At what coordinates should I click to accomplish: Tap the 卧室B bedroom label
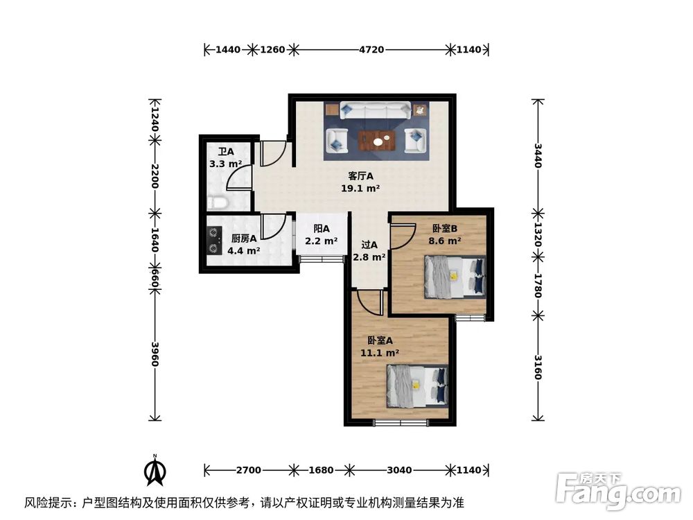point(445,234)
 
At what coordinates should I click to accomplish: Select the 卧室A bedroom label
point(380,346)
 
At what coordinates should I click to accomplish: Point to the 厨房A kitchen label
point(244,244)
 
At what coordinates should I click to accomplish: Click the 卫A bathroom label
point(225,158)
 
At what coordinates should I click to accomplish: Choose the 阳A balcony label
point(321,234)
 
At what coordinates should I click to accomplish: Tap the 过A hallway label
point(369,250)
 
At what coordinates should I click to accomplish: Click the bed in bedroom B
point(455,275)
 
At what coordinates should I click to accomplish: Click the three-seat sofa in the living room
point(375,111)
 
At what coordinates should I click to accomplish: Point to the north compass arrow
point(157,471)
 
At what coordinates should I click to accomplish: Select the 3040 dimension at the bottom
point(399,470)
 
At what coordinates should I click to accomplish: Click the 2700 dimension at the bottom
point(248,470)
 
